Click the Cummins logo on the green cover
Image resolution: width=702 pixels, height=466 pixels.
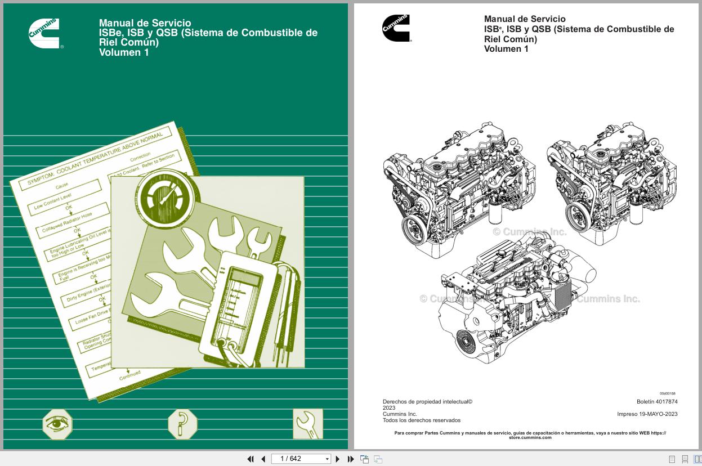pos(44,34)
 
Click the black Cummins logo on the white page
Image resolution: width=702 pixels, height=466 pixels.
pos(396,28)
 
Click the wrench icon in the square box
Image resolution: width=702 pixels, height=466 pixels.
pos(308,424)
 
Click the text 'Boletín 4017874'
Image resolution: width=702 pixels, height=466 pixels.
pos(657,402)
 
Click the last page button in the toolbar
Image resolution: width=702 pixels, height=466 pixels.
pos(350,459)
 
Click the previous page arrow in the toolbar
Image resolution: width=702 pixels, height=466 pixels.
pos(263,459)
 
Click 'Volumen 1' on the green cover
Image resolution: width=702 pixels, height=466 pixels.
pos(124,53)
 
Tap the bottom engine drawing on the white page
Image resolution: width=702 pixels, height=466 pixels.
pos(507,301)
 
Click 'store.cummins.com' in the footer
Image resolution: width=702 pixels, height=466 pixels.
pos(530,437)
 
